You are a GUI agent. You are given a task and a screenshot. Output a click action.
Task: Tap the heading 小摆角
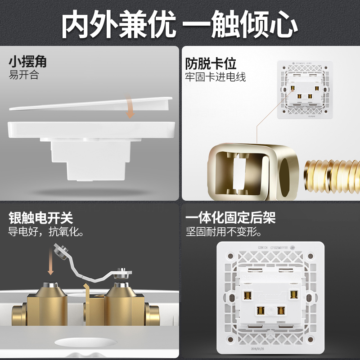28,62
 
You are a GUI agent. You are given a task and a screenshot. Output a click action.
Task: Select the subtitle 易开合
24,75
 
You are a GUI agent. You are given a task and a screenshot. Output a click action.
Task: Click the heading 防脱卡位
211,63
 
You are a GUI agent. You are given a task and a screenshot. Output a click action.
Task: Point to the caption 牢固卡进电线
216,77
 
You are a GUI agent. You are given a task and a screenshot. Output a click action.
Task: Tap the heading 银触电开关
40,219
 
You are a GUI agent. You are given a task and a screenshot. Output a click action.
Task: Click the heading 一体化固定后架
230,219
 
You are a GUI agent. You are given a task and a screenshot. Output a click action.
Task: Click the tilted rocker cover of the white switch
90,103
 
